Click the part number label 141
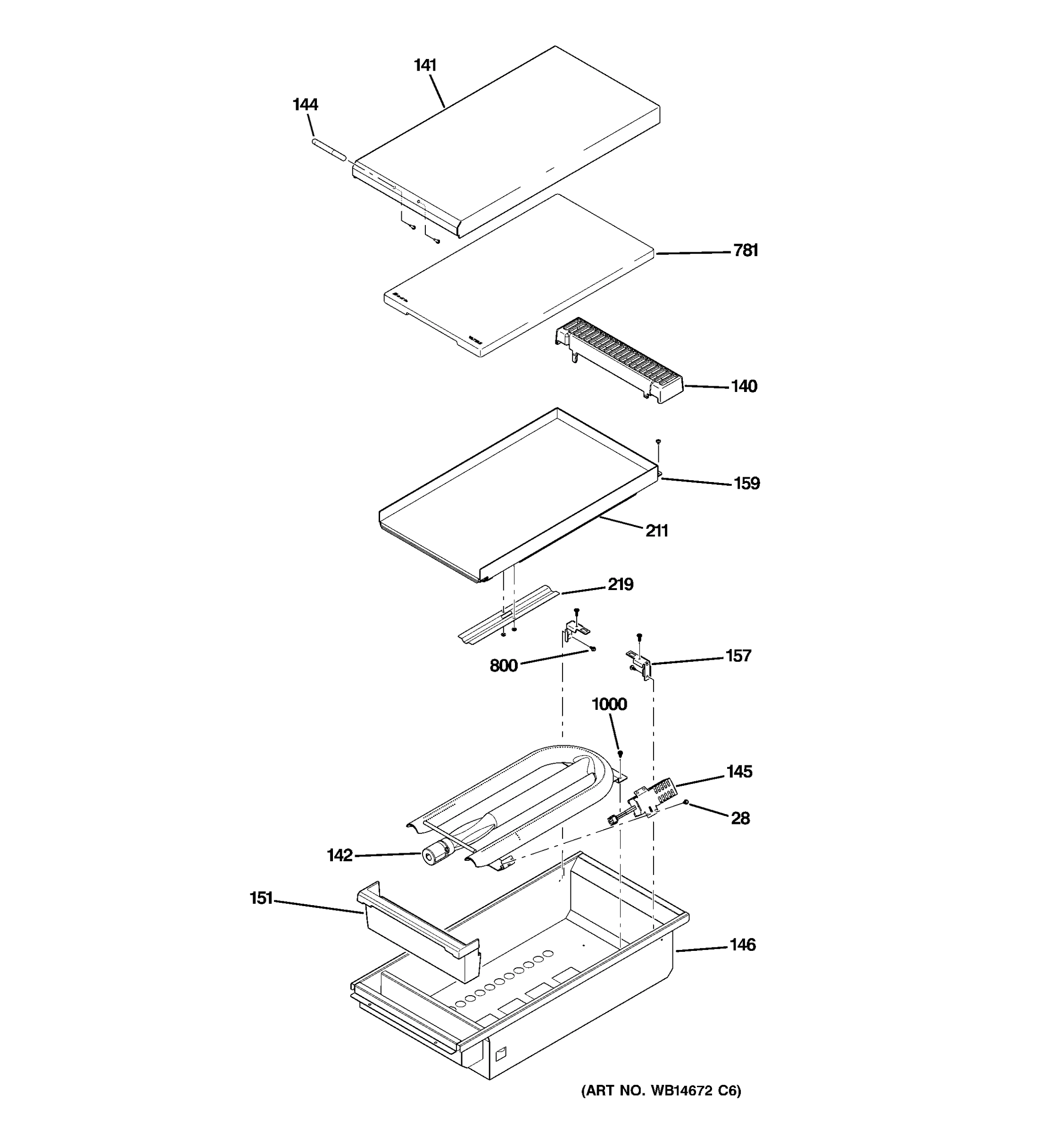[x=425, y=66]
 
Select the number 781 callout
[x=746, y=250]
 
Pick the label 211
[x=656, y=531]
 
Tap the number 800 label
[x=504, y=666]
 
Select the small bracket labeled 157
[x=640, y=662]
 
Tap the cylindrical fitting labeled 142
[x=434, y=855]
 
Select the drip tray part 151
[x=418, y=934]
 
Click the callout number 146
[x=743, y=945]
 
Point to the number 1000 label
[x=609, y=704]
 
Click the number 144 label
[x=305, y=105]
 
